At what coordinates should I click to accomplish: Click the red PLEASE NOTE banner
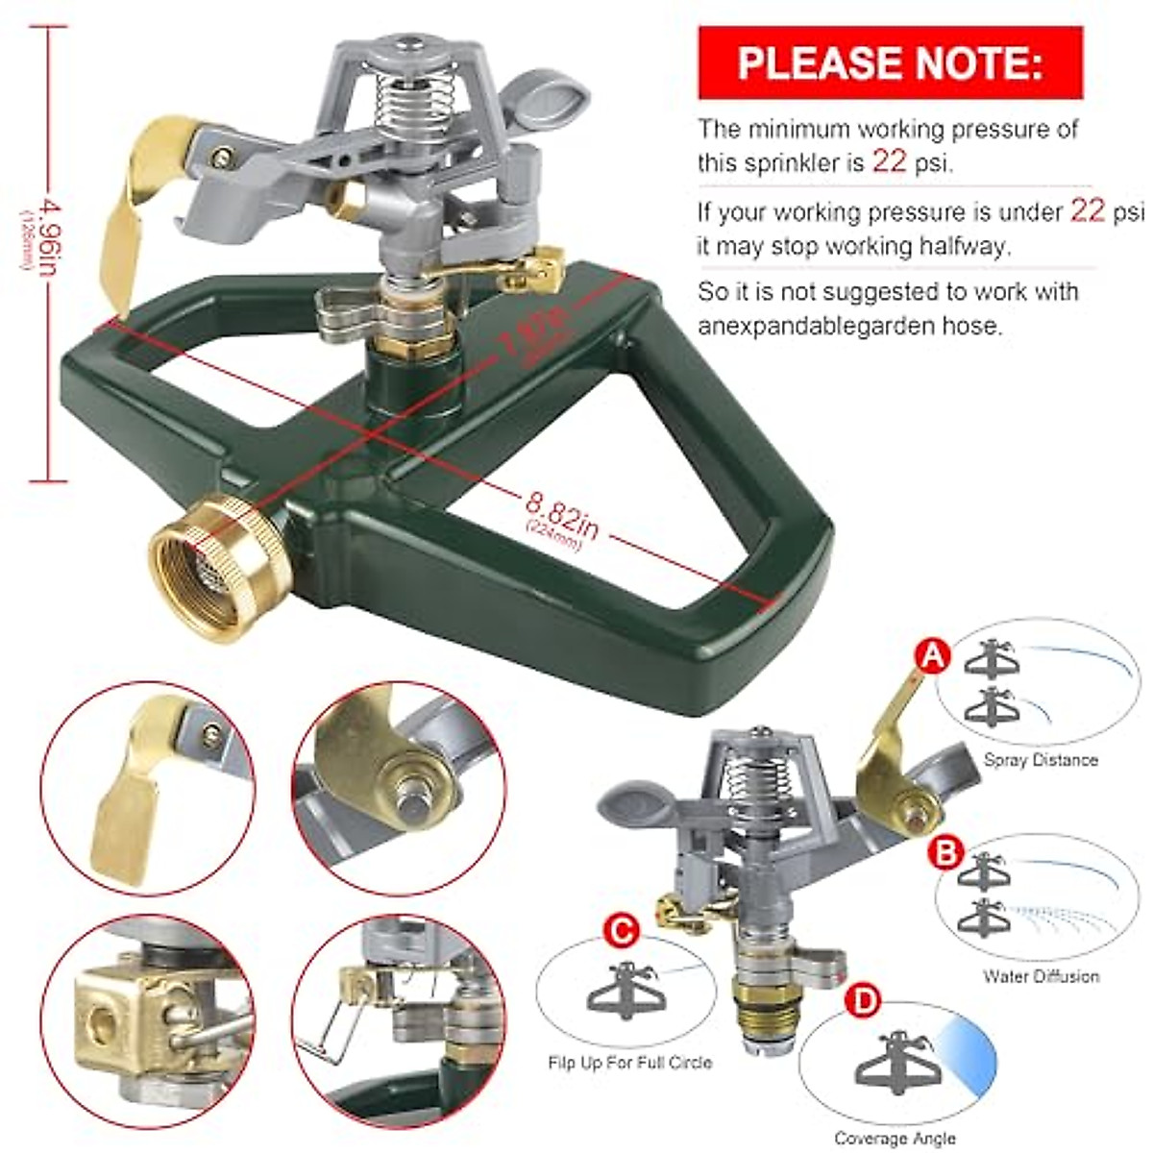point(890,62)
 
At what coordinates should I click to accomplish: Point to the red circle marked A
point(930,657)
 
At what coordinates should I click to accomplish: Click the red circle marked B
point(946,851)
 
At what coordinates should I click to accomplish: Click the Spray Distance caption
point(1040,760)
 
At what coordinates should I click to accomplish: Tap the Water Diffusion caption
point(1040,976)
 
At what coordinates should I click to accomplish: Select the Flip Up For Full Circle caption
point(629,1063)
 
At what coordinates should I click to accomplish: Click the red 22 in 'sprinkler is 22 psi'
point(889,161)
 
